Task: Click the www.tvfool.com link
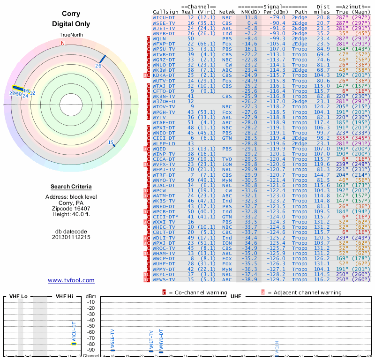coord(71,280)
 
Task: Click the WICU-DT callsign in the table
coord(164,17)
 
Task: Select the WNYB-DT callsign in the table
coord(164,33)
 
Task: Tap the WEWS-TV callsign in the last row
coord(164,279)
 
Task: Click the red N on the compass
coord(63,43)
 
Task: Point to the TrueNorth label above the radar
coord(71,35)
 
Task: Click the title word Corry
coord(71,14)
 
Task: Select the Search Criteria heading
coord(71,187)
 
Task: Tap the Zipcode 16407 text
coord(71,209)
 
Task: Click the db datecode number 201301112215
coord(71,237)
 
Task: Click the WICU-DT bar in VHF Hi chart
coord(74,344)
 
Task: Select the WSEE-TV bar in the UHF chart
coord(112,350)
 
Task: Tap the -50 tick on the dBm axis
coord(91,326)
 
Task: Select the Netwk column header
coord(227,12)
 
